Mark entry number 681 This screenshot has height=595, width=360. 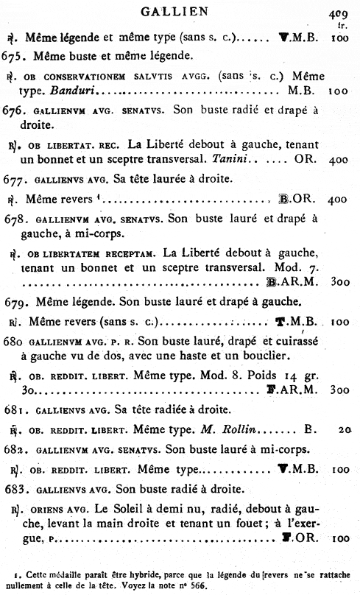[15, 410]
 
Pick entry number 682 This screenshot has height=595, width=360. [15, 448]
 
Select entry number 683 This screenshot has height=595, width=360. [15, 487]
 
